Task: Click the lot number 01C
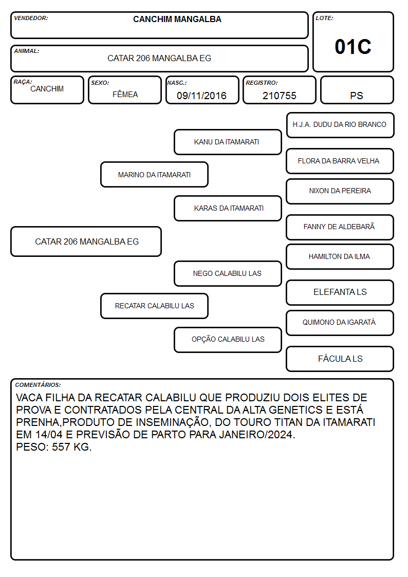click(353, 47)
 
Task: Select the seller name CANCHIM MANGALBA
click(177, 19)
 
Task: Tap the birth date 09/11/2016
click(201, 96)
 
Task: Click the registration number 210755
click(279, 96)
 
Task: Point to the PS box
click(357, 90)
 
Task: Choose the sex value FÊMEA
click(125, 94)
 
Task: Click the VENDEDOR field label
click(31, 18)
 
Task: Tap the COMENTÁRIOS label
click(38, 385)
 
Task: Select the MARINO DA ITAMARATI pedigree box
click(155, 174)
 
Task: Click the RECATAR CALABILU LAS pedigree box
click(155, 306)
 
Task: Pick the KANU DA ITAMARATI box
click(228, 142)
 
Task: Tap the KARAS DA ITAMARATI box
click(228, 208)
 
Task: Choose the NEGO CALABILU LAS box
click(228, 273)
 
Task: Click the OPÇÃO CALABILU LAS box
click(228, 340)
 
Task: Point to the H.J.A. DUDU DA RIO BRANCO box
click(340, 125)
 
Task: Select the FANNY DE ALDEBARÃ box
click(340, 227)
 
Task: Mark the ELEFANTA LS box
click(340, 292)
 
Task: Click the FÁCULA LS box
click(340, 359)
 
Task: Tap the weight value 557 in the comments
click(61, 446)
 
